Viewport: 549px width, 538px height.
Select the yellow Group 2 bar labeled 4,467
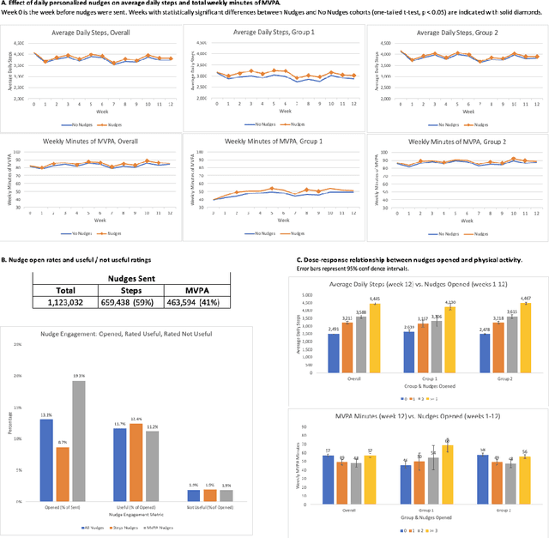coord(513,327)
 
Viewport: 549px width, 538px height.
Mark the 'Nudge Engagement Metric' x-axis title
coord(136,514)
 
